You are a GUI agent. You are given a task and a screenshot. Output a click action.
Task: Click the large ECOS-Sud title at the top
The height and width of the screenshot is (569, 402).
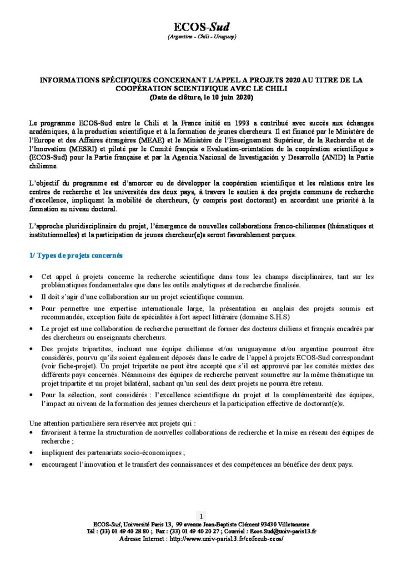(202, 27)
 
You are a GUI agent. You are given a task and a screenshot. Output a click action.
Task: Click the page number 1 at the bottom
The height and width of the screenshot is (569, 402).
(201, 516)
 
